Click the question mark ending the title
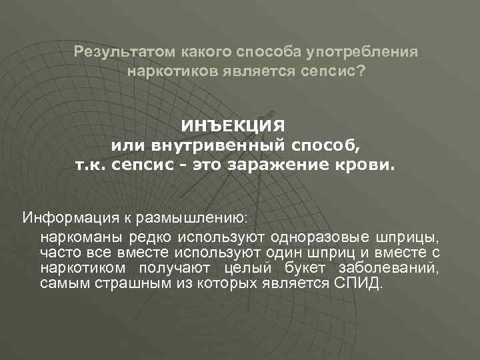pyautogui.click(x=361, y=70)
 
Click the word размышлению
pyautogui.click(x=199, y=217)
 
